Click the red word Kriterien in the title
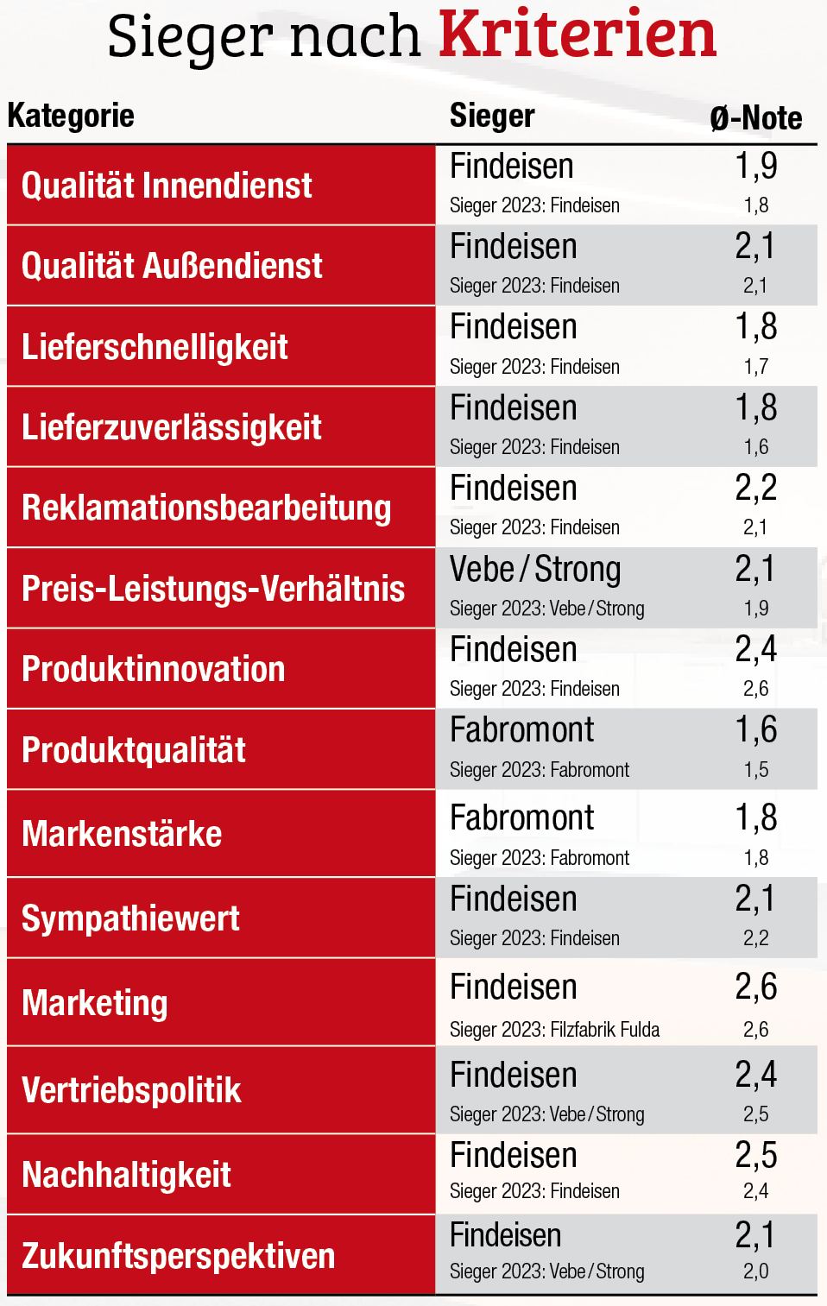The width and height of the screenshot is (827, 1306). [x=578, y=36]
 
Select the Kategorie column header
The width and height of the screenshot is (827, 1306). [x=71, y=116]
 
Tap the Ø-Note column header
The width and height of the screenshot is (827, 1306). [x=755, y=118]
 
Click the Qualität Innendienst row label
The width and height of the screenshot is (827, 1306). [x=167, y=186]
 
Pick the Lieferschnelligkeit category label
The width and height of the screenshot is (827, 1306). [x=155, y=347]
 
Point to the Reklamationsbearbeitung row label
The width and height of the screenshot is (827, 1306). [x=206, y=508]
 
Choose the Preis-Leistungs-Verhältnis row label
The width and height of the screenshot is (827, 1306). [x=213, y=589]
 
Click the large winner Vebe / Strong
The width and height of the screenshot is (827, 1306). [x=535, y=570]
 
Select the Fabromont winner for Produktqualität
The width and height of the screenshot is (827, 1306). [x=521, y=730]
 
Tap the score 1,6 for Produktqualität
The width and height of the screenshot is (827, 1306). [x=755, y=730]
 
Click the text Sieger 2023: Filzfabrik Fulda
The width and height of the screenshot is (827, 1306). [x=554, y=1030]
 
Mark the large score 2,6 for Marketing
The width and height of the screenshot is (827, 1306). [x=755, y=987]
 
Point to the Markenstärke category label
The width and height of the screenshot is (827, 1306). [x=122, y=834]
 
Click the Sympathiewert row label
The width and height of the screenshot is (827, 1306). [x=130, y=918]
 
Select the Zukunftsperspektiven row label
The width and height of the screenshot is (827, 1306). [x=178, y=1256]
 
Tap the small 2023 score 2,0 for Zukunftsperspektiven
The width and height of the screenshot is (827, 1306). [x=755, y=1271]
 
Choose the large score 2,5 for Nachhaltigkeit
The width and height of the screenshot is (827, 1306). [x=755, y=1156]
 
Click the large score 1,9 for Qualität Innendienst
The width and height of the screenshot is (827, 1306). [x=755, y=166]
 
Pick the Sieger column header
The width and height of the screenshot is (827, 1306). [x=492, y=116]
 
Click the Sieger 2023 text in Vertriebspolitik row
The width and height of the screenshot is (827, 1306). [x=546, y=1114]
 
